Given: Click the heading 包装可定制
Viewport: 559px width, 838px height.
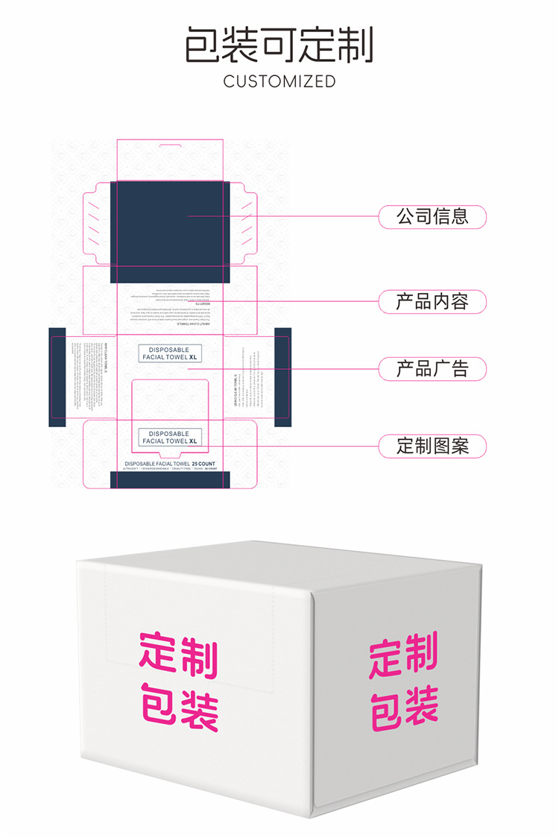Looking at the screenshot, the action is pyautogui.click(x=279, y=44).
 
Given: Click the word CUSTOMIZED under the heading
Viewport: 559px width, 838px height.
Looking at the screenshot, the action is pyautogui.click(x=279, y=82).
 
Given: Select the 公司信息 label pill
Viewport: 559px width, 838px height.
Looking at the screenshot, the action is pyautogui.click(x=432, y=217).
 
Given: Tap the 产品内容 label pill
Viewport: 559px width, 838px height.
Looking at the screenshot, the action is pyautogui.click(x=432, y=301).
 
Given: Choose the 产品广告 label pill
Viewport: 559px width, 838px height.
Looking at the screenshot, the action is pyautogui.click(x=432, y=368).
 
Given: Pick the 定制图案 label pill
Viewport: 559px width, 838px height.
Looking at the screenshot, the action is pyautogui.click(x=432, y=446).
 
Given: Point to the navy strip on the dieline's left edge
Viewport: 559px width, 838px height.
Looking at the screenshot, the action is pyautogui.click(x=57, y=377).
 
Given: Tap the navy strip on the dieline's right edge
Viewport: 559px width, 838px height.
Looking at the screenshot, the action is pyautogui.click(x=282, y=377).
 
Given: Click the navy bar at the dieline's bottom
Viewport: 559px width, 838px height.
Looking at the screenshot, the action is pyautogui.click(x=170, y=480).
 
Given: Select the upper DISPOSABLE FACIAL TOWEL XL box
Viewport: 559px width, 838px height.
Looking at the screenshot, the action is pyautogui.click(x=170, y=353).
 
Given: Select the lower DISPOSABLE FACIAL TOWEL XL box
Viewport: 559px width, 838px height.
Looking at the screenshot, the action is pyautogui.click(x=170, y=437).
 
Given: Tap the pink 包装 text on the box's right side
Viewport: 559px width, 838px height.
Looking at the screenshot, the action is pyautogui.click(x=404, y=708).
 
